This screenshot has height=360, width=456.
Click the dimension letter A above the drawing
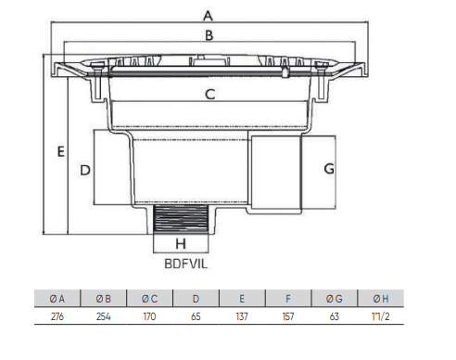click(x=208, y=16)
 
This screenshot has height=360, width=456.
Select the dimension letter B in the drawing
click(x=209, y=35)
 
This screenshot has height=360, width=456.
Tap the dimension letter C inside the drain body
click(x=210, y=94)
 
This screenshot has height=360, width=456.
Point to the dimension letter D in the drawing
click(x=85, y=171)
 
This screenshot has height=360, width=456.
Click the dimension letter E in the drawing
click(x=61, y=151)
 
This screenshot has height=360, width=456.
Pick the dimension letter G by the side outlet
click(x=329, y=169)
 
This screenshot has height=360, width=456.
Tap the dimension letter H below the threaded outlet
click(x=181, y=244)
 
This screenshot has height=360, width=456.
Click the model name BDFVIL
click(x=186, y=264)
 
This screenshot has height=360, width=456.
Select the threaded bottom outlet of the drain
click(x=181, y=219)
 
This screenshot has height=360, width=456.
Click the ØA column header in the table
click(x=57, y=299)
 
